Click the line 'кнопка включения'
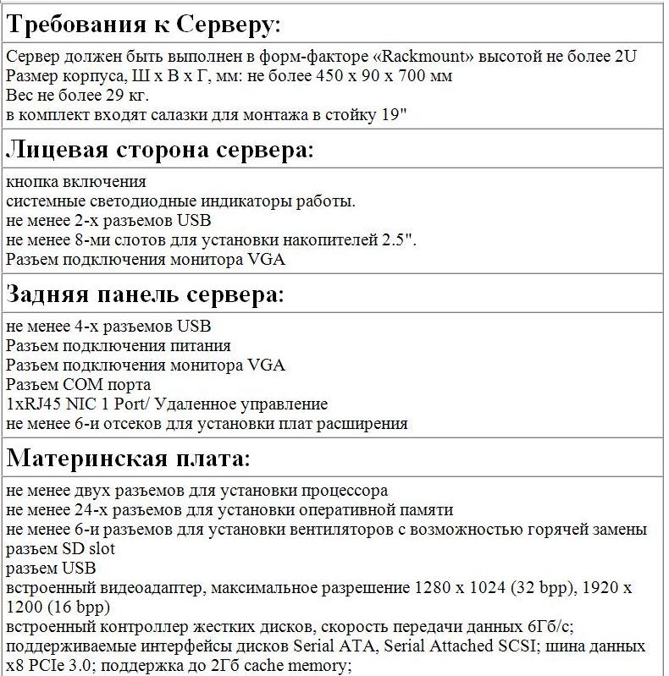pos(75,182)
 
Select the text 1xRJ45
pos(33,404)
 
